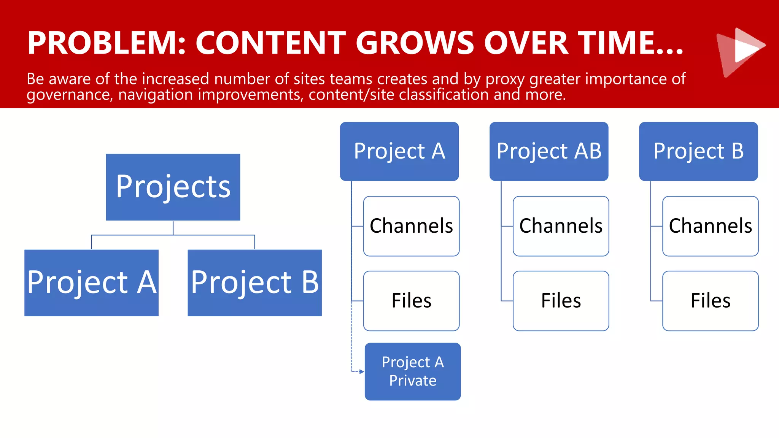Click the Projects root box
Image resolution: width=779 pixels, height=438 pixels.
click(x=173, y=187)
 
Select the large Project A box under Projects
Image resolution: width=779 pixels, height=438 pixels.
click(x=91, y=282)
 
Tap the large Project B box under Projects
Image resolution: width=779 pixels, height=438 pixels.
click(x=254, y=282)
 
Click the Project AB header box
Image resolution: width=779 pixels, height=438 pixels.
click(x=548, y=151)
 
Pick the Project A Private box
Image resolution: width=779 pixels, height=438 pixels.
click(x=412, y=371)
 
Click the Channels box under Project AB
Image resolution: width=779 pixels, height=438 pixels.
click(x=561, y=226)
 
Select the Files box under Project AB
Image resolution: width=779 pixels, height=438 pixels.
click(x=561, y=301)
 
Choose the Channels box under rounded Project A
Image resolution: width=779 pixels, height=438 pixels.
click(x=411, y=226)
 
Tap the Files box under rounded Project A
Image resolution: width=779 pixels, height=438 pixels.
click(x=411, y=301)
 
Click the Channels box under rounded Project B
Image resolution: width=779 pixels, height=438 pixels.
click(x=710, y=226)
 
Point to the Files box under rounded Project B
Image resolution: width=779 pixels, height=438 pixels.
click(x=710, y=301)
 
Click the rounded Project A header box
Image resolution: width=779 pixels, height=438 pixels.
click(x=399, y=151)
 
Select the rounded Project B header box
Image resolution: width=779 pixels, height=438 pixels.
click(x=698, y=151)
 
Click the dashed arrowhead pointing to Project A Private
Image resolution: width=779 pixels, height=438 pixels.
click(x=361, y=371)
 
